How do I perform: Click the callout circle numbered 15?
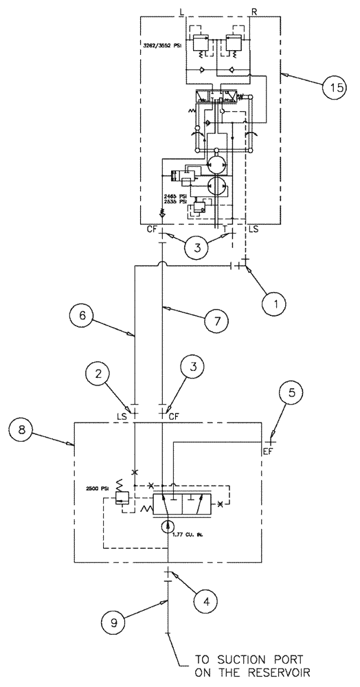tap(333, 89)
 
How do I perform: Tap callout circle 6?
tap(82, 317)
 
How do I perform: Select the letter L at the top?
tap(181, 11)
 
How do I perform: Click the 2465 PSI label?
tap(175, 196)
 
